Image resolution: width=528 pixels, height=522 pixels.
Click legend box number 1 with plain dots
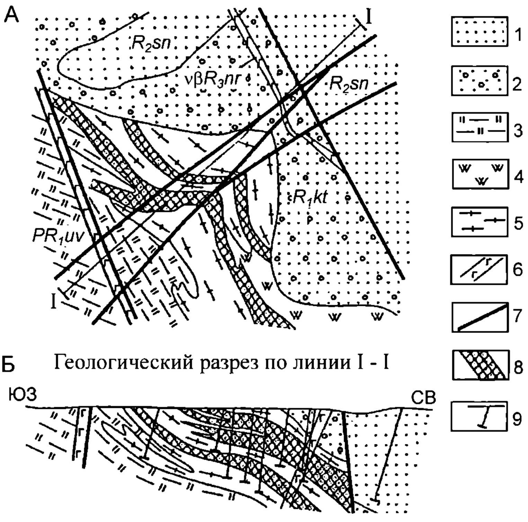(x=479, y=32)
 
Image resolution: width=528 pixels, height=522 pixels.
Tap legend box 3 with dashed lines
(x=479, y=127)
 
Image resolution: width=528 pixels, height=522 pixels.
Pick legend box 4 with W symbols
(x=479, y=174)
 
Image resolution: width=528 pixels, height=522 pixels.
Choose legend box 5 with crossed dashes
(x=479, y=222)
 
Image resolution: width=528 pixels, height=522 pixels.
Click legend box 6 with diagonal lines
(x=479, y=269)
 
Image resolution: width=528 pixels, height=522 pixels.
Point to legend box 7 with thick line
(x=479, y=317)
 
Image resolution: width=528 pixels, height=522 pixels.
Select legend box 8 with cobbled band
(x=479, y=365)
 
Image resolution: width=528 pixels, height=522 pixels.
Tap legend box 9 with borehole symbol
(x=479, y=416)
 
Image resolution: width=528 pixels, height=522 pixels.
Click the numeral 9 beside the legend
(x=517, y=419)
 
